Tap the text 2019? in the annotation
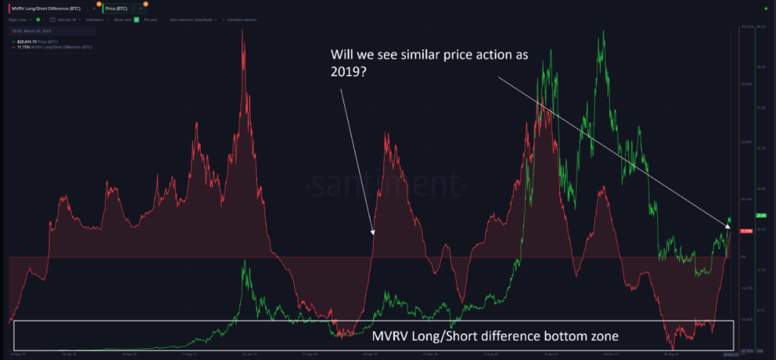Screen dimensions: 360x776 tap(346, 77)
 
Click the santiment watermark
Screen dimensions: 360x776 tap(387, 183)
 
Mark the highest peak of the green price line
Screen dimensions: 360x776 tap(603, 33)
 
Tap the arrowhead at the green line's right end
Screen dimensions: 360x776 tap(728, 225)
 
